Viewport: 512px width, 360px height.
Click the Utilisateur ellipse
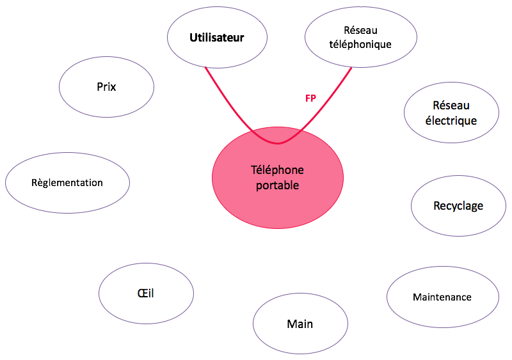[x=217, y=37]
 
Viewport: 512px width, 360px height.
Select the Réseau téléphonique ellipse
[x=361, y=37]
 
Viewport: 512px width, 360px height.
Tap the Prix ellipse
[x=106, y=87]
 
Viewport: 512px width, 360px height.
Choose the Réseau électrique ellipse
[x=451, y=113]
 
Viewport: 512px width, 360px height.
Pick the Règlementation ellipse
[x=67, y=183]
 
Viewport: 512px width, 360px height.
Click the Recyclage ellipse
[x=458, y=206]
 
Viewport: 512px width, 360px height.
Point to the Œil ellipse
[x=146, y=293]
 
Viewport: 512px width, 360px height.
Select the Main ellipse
[x=300, y=324]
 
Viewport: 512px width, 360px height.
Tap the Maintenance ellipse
[x=443, y=297]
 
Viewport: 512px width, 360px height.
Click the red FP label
[x=310, y=98]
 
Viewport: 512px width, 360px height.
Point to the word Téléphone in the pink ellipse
[x=277, y=170]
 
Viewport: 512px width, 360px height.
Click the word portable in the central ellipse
[x=277, y=185]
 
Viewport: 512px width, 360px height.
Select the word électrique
[x=451, y=120]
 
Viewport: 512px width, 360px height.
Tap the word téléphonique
[x=360, y=44]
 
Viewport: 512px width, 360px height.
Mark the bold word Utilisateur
[x=217, y=38]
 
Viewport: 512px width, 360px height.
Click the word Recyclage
[x=458, y=206]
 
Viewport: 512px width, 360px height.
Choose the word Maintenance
[x=442, y=297]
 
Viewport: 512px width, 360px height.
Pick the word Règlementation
[x=67, y=183]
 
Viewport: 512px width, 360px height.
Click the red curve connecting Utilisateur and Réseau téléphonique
[x=278, y=143]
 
